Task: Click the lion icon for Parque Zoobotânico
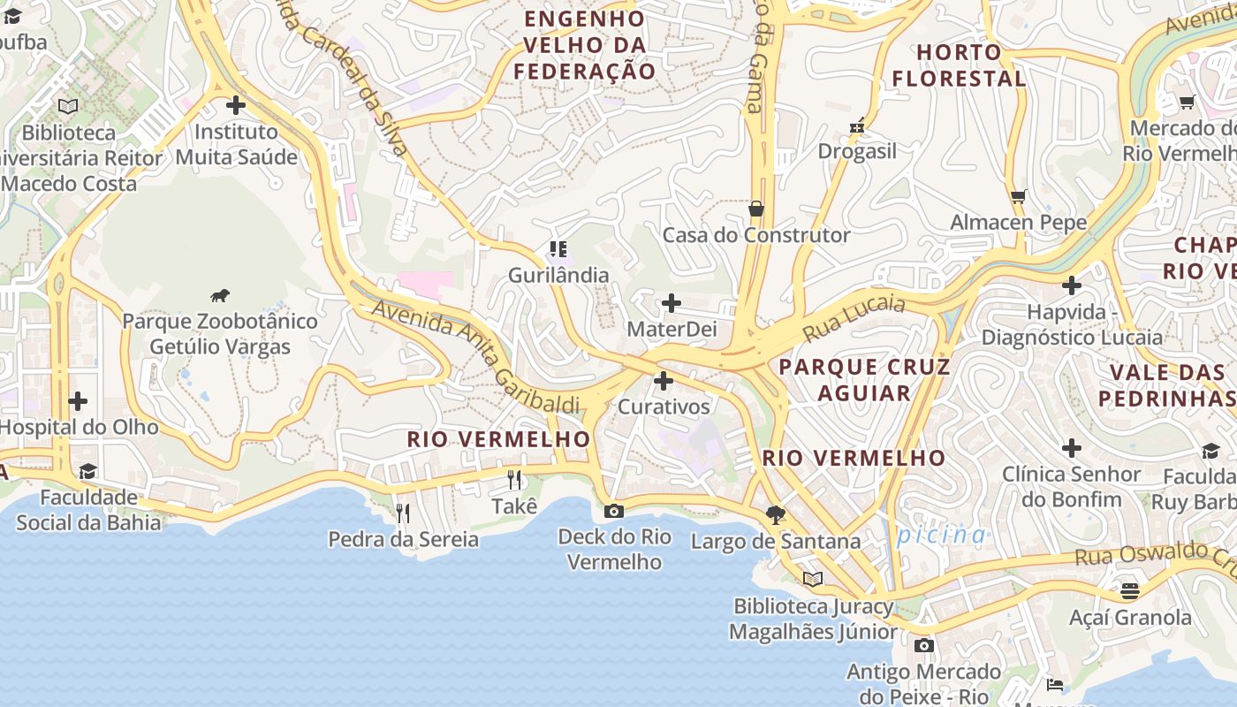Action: coord(220,295)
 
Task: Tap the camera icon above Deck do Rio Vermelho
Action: coord(613,511)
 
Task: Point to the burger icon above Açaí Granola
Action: coord(1130,590)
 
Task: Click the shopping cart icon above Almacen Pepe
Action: coord(1019,196)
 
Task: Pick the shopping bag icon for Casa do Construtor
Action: coord(755,209)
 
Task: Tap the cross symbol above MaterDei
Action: coord(672,303)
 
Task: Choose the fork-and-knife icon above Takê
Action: coord(514,480)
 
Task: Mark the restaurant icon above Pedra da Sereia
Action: coord(403,513)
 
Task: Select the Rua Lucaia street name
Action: coord(854,318)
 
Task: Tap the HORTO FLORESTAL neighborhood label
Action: coord(959,65)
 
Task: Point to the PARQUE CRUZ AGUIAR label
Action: coord(864,380)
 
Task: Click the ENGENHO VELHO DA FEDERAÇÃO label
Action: coord(586,45)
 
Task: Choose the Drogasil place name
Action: coord(856,151)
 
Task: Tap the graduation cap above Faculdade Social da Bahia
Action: coord(87,471)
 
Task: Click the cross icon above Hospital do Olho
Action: coord(78,401)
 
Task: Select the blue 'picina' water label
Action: coord(941,535)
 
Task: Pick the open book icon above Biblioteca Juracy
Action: coord(812,579)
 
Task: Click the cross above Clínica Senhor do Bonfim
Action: coord(1071,448)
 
